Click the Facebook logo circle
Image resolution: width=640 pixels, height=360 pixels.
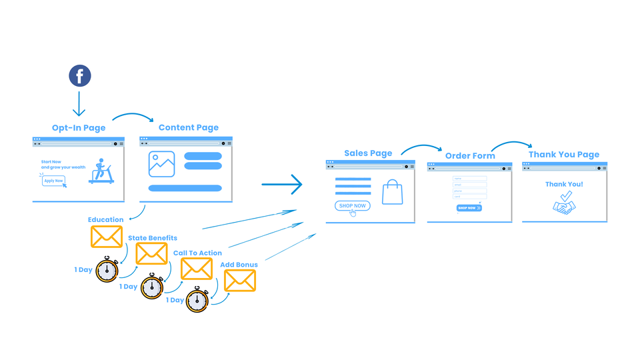(x=79, y=76)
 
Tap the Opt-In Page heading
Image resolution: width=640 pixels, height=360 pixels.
(x=79, y=127)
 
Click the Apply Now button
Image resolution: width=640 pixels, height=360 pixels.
(x=53, y=181)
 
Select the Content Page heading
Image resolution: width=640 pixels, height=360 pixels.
(x=188, y=127)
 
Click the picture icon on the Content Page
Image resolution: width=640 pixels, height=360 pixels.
(x=162, y=163)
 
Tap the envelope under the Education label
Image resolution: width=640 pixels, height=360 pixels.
(x=107, y=237)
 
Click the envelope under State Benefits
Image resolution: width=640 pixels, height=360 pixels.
(x=152, y=253)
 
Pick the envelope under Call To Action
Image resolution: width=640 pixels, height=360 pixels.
(x=197, y=269)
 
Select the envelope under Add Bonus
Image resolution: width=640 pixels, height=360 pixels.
(x=240, y=281)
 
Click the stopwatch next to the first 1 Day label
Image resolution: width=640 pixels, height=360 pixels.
(x=107, y=270)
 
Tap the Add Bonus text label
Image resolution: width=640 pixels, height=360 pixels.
(x=239, y=265)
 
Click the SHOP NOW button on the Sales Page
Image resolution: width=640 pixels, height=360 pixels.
(x=352, y=205)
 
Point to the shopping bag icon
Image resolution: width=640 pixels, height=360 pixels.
(x=393, y=192)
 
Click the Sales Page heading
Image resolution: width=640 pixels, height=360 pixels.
(x=368, y=153)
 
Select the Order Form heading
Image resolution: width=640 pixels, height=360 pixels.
(x=470, y=156)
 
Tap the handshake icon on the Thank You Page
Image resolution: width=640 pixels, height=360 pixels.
(x=564, y=208)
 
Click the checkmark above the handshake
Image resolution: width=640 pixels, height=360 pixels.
(x=566, y=195)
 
